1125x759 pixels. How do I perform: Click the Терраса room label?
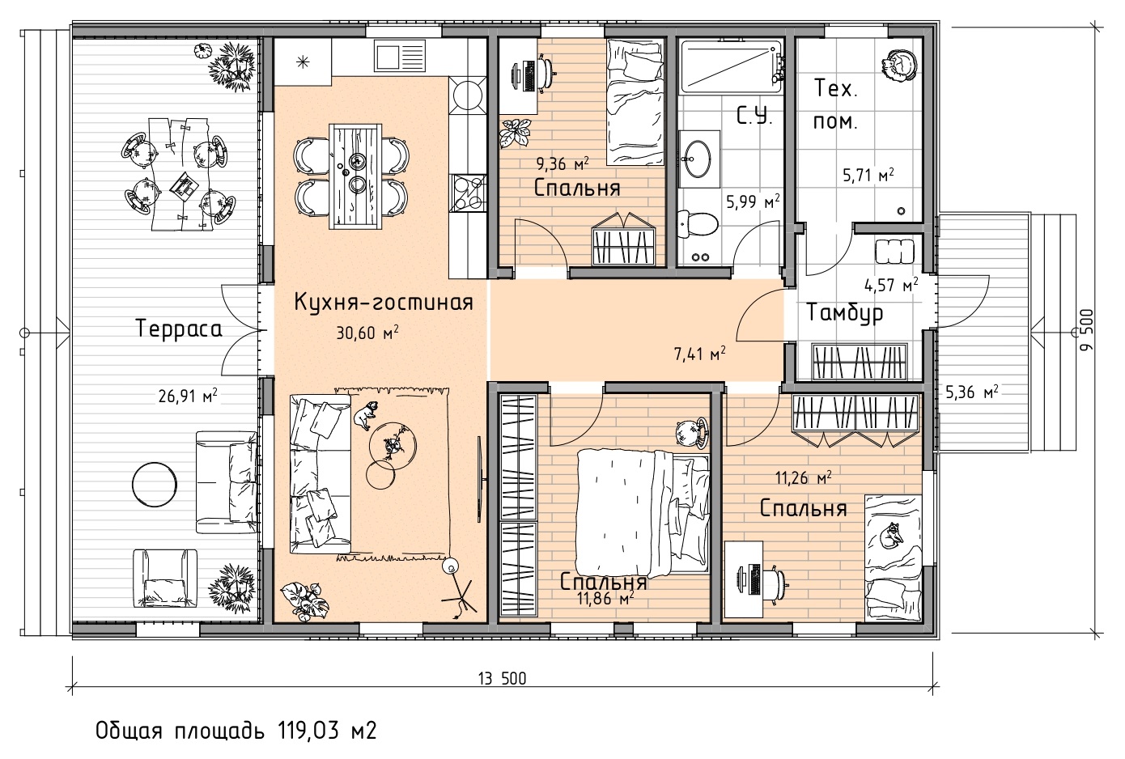(179, 330)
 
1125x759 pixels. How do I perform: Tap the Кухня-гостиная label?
(384, 303)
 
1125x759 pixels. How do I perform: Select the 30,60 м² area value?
(367, 333)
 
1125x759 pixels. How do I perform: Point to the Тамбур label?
(845, 313)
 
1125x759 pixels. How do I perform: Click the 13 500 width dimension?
(503, 679)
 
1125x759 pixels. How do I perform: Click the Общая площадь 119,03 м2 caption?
(236, 731)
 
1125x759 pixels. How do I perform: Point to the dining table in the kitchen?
(355, 176)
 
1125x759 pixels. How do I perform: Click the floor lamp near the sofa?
(457, 587)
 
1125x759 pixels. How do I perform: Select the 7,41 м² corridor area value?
(699, 354)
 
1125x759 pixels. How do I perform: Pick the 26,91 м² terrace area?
(188, 396)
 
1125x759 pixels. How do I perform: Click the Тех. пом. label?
(835, 105)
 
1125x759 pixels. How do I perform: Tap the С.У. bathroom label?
(754, 117)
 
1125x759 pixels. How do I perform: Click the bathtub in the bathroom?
(731, 67)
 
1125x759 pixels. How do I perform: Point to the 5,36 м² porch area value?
(972, 392)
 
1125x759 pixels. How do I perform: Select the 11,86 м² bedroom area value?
(605, 598)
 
